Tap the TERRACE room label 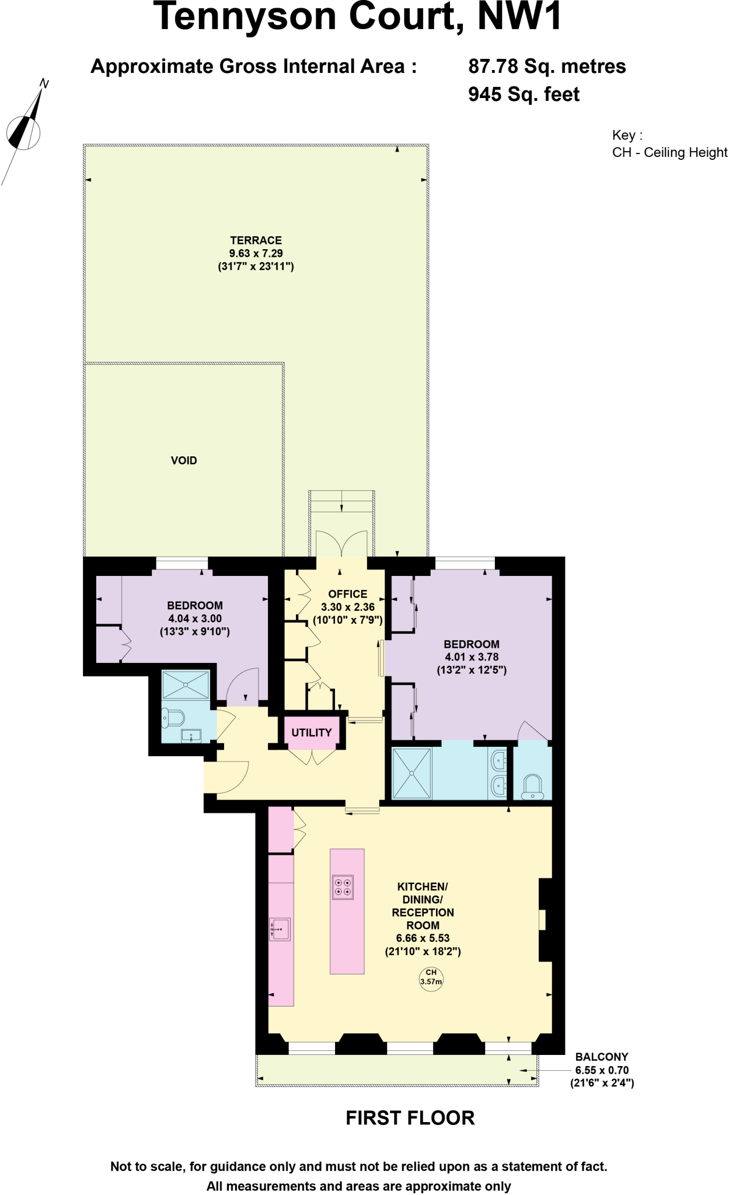(256, 240)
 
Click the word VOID (184, 460)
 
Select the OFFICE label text (347, 594)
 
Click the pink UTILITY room (312, 732)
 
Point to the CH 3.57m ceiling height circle (431, 977)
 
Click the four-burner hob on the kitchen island (343, 887)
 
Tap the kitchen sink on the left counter (280, 929)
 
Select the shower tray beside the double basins (412, 773)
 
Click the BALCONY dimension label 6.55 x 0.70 (602, 1070)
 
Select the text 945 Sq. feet (524, 94)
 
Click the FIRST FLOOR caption (410, 1118)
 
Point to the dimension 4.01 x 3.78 (472, 657)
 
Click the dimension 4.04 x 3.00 (195, 619)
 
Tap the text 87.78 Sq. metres (547, 66)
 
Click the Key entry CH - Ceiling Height (669, 152)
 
